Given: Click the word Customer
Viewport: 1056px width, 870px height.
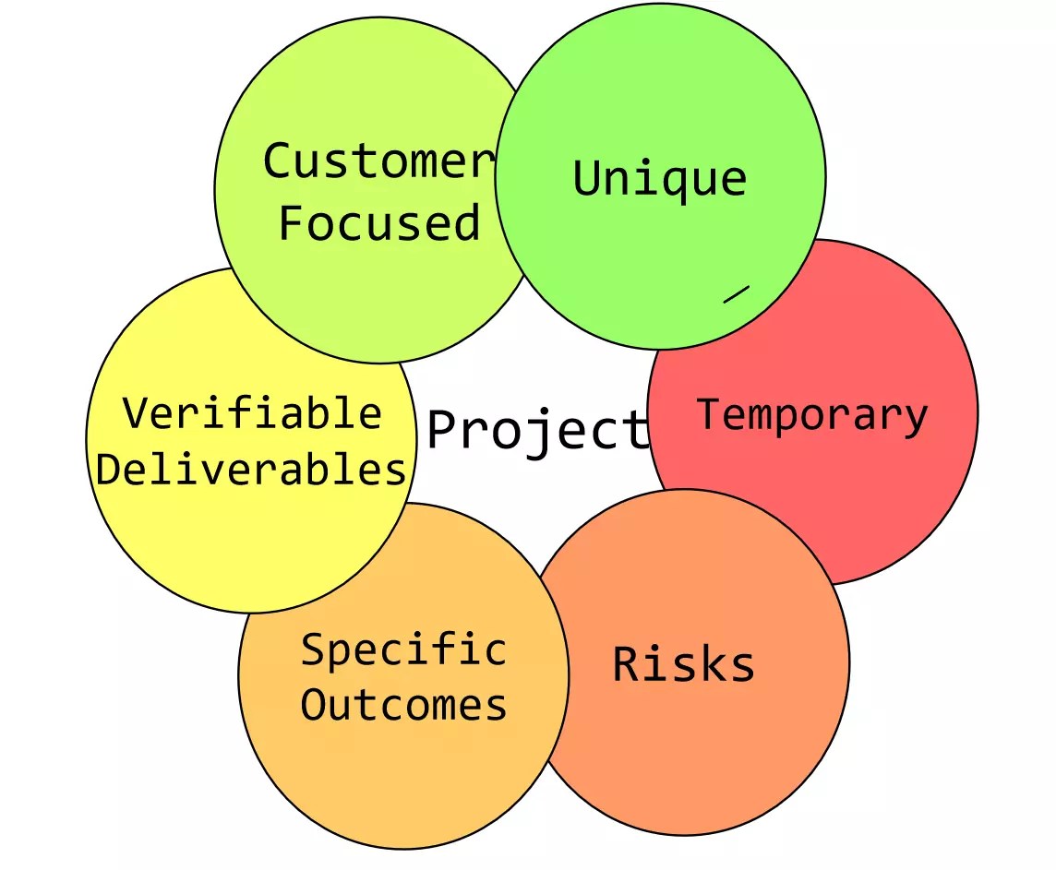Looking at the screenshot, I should [x=379, y=161].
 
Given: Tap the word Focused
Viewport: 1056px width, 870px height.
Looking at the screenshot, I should [x=379, y=223].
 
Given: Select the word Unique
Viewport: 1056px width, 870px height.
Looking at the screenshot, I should [x=659, y=178].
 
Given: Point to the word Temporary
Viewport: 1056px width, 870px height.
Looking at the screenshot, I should [x=811, y=414].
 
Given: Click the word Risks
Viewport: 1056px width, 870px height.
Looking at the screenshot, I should [x=683, y=664].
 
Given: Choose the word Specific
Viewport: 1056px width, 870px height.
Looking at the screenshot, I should [x=404, y=650].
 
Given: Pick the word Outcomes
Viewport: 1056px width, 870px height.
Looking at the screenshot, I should [x=404, y=706].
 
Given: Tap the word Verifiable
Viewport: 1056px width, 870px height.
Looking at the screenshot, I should [x=252, y=412].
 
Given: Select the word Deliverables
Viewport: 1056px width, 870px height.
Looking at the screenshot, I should [x=251, y=470].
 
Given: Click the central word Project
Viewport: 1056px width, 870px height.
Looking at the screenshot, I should [x=538, y=430].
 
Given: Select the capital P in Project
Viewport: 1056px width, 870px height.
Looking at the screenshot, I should [x=443, y=430].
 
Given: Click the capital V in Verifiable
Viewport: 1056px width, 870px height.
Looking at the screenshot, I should [x=136, y=412].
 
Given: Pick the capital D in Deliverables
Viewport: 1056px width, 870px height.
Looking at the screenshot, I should [x=109, y=470].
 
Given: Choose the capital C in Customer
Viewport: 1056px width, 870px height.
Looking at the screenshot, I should [x=278, y=161].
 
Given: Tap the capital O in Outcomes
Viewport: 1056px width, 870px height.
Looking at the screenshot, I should [x=314, y=706].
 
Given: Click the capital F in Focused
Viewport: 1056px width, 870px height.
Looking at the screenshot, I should [x=292, y=223].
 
